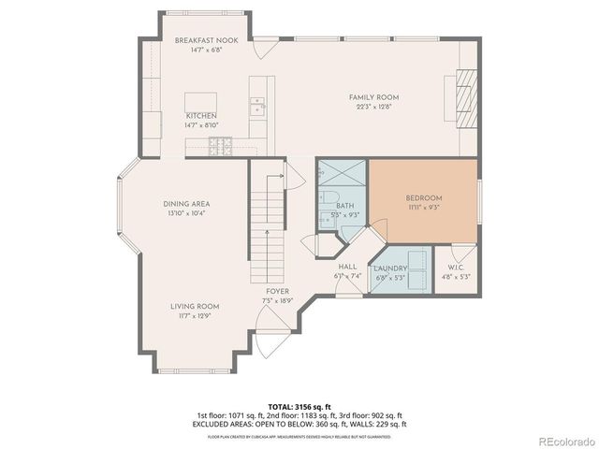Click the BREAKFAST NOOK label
click(x=200, y=41)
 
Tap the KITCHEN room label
click(x=201, y=116)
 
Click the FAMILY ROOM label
click(x=374, y=97)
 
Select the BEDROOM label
click(x=423, y=198)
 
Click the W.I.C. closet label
click(x=457, y=268)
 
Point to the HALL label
click(x=347, y=268)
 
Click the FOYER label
click(x=277, y=292)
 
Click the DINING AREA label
click(x=187, y=204)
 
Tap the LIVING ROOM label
click(x=195, y=307)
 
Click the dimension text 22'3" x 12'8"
click(x=374, y=107)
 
